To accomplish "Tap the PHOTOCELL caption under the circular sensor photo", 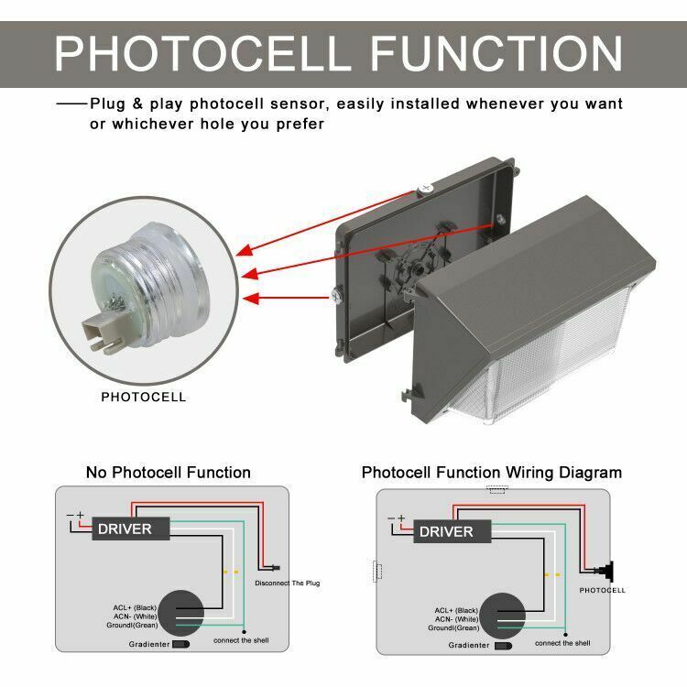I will [143, 398].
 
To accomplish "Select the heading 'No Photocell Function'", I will [169, 473].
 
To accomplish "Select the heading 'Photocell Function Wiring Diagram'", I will [492, 473].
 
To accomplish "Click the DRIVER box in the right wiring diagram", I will [446, 531].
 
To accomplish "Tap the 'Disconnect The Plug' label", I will [288, 583].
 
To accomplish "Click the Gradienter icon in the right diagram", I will [503, 645].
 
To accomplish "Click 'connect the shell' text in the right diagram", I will [562, 643].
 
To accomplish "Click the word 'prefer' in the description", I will [299, 124].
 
